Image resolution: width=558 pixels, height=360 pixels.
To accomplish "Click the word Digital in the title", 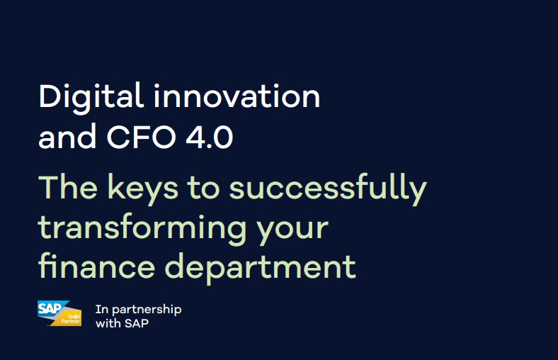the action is coord(91,98).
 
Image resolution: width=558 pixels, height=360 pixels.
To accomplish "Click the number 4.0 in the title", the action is coord(210,137).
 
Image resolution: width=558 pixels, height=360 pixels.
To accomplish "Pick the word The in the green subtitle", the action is coord(67,187).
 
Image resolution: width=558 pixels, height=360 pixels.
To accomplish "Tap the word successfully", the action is coord(328,189).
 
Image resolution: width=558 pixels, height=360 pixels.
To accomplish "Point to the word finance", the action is coord(96,266).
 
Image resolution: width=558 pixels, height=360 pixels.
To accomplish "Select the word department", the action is coord(260,268).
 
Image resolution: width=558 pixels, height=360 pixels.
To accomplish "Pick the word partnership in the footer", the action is coord(147,310).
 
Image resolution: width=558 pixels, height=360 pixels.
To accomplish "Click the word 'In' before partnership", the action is coord(102,309).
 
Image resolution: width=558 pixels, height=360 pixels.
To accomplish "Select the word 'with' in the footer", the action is coord(108,323).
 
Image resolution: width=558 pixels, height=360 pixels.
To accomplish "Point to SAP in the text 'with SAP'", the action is coord(137,323).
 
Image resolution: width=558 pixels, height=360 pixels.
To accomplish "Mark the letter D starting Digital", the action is coord(49,96).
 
